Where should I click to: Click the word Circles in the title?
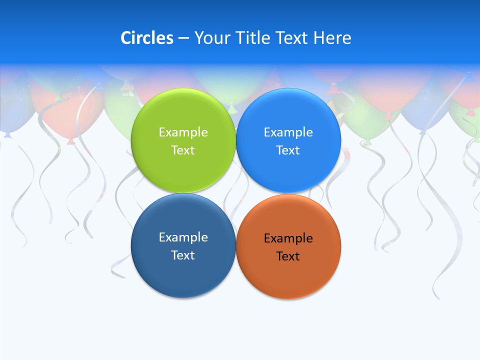[x=147, y=38]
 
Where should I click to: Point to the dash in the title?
[x=183, y=38]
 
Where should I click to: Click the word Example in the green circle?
[x=183, y=132]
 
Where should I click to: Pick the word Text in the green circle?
[x=183, y=150]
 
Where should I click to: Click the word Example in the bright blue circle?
[x=288, y=132]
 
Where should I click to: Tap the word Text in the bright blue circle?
[x=288, y=150]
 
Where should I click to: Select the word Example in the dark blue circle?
[x=183, y=237]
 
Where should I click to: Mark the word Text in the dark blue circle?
[x=183, y=255]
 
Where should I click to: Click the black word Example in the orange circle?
[x=288, y=238]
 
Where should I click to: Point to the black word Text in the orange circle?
[x=288, y=256]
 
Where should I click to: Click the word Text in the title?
[x=292, y=38]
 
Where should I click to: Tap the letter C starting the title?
[x=126, y=38]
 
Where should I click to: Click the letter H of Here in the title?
[x=319, y=38]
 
